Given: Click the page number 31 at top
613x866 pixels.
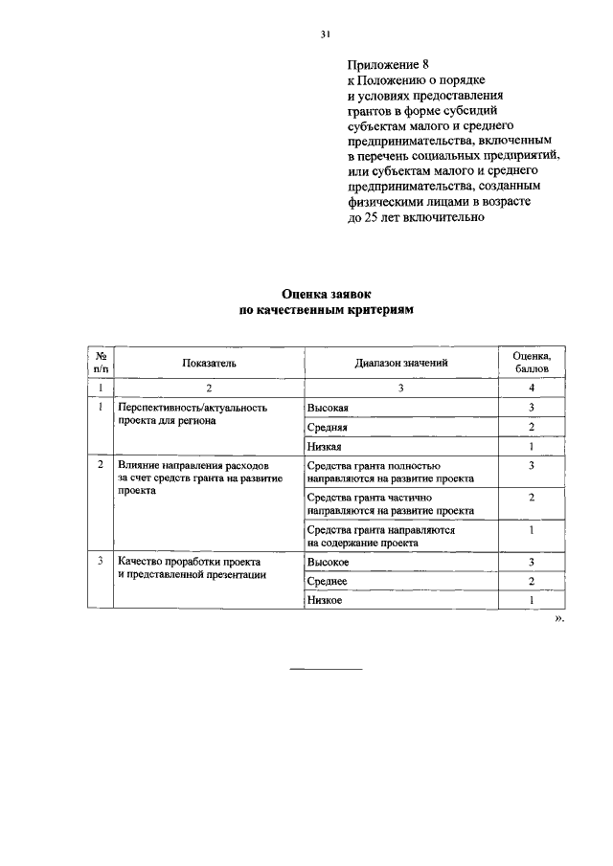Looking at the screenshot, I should [x=325, y=35].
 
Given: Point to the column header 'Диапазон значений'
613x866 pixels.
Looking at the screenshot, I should [x=400, y=363].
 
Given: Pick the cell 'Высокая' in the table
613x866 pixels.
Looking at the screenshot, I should [x=328, y=408].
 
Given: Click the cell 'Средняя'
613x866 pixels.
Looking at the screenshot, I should [x=328, y=427].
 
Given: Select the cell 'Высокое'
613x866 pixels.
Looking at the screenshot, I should [x=328, y=562].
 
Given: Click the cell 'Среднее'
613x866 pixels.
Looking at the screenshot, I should [x=328, y=581].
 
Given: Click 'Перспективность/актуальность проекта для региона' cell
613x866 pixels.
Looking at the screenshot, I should [x=192, y=413].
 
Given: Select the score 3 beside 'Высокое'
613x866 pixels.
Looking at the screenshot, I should [x=531, y=562].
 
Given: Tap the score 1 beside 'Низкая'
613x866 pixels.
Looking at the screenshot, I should [x=531, y=447].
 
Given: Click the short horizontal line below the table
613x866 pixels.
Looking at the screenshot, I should [x=326, y=667].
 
